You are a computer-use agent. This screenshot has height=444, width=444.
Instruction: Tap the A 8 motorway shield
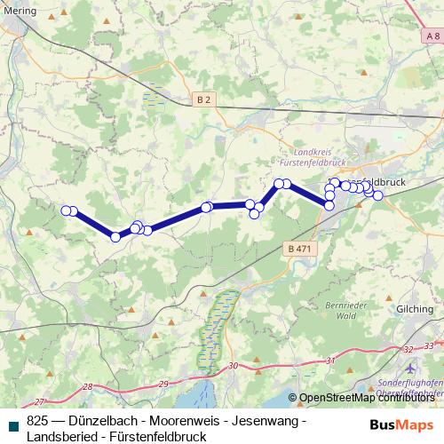(432, 36)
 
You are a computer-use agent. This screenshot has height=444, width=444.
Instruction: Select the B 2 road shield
(203, 100)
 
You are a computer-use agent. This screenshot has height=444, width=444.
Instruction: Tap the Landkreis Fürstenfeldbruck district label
(310, 157)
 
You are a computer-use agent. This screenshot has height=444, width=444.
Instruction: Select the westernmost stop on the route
(66, 210)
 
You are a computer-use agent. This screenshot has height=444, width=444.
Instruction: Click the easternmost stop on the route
(377, 195)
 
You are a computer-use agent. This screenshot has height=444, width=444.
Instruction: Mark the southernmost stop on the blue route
(115, 236)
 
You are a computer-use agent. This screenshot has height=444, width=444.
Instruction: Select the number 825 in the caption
(37, 420)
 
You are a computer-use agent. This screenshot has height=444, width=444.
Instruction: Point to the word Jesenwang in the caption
(264, 420)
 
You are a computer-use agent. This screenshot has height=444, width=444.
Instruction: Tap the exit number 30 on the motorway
(233, 366)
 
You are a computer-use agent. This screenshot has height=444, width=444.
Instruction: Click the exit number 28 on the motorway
(86, 387)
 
